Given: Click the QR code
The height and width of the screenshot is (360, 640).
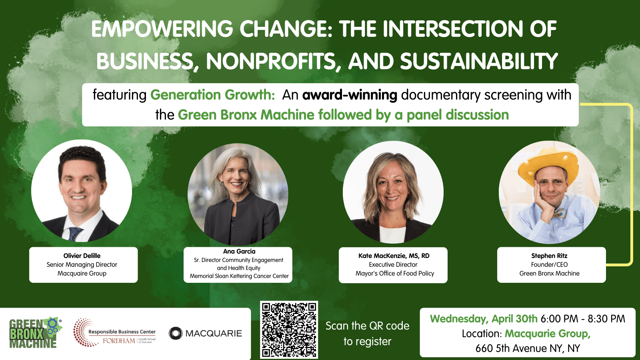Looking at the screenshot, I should [289, 330].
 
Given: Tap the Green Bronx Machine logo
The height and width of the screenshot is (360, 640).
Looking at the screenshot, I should [35, 333].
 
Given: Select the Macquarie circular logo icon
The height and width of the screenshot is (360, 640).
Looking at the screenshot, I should [175, 333].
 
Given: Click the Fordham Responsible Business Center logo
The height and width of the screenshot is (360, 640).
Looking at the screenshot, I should [115, 333].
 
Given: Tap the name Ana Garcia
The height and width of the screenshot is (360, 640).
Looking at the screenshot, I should [239, 251].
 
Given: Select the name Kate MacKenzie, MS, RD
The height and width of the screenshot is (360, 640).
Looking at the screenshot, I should [394, 256].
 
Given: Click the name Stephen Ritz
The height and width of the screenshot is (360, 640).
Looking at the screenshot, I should [549, 256].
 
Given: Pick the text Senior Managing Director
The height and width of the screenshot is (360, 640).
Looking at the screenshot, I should [82, 264].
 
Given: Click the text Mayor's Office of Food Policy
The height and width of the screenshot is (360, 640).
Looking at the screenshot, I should [394, 273].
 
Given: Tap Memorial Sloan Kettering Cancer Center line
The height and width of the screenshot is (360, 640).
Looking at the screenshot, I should [239, 276].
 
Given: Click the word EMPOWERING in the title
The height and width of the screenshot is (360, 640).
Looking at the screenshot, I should [162, 29].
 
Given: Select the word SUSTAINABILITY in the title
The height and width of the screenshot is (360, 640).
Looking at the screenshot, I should [479, 62].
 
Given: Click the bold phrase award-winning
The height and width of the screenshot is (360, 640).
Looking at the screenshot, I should [350, 95].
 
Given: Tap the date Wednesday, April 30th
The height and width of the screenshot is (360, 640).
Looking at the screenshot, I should [484, 319].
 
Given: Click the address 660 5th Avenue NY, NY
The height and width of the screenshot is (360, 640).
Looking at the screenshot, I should [527, 348].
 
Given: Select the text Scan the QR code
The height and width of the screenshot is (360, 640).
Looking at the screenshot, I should [367, 326].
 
